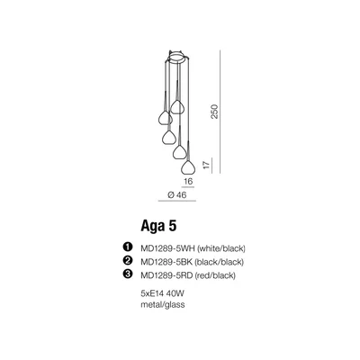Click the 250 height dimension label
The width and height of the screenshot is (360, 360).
[x=214, y=112]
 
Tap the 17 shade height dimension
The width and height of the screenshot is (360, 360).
[x=206, y=165]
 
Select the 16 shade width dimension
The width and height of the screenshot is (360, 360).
[x=188, y=181]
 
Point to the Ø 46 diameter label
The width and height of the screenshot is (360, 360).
[x=177, y=195]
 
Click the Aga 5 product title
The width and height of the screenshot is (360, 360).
[x=158, y=226]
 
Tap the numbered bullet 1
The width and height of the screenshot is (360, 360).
[x=128, y=247]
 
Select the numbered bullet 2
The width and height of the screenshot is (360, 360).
[x=128, y=260]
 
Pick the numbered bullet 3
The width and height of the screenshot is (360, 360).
[x=128, y=274]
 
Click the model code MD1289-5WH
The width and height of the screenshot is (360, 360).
[x=168, y=248]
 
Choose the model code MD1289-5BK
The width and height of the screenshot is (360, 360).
[x=166, y=262]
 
